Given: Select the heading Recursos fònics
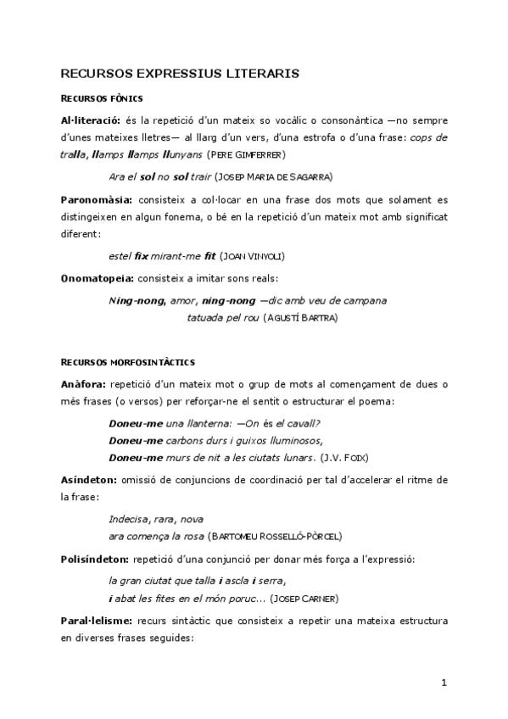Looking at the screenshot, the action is tap(101, 98).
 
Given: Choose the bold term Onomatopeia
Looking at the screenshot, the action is tap(96, 277).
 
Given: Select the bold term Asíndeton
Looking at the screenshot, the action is tap(90, 480).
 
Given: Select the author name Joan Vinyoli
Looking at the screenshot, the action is tap(254, 256).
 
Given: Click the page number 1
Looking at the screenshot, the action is tap(444, 683).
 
